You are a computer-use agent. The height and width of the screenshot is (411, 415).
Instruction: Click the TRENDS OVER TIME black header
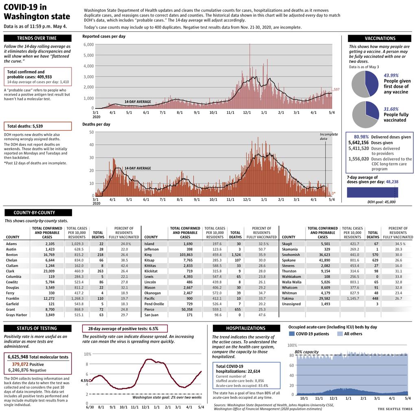point(37,38)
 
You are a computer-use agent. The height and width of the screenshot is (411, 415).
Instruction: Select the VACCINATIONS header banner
point(380,38)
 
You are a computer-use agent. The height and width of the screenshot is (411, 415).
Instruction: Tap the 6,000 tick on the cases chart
point(89,44)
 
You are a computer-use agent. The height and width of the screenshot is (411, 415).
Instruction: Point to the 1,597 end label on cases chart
point(335,89)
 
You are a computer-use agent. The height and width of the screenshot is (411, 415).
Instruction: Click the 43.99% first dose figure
point(391,75)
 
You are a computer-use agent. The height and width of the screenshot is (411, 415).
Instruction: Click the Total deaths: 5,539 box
point(37,126)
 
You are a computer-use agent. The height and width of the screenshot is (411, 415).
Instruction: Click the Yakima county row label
point(288,298)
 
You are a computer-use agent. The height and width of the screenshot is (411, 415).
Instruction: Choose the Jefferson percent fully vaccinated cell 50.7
point(262,249)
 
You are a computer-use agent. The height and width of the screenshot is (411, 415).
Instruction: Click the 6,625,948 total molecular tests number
point(18,357)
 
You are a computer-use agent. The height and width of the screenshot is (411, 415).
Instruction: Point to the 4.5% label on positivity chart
point(85,381)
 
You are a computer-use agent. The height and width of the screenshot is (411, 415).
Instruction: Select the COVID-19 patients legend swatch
point(292,334)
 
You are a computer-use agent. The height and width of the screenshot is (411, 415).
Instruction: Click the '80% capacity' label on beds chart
point(306,352)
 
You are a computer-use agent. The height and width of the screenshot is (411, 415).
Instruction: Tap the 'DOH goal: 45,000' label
point(381,202)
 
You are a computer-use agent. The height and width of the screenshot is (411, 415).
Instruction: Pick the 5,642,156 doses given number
point(358,143)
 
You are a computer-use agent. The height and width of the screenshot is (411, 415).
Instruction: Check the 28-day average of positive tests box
point(124,328)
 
